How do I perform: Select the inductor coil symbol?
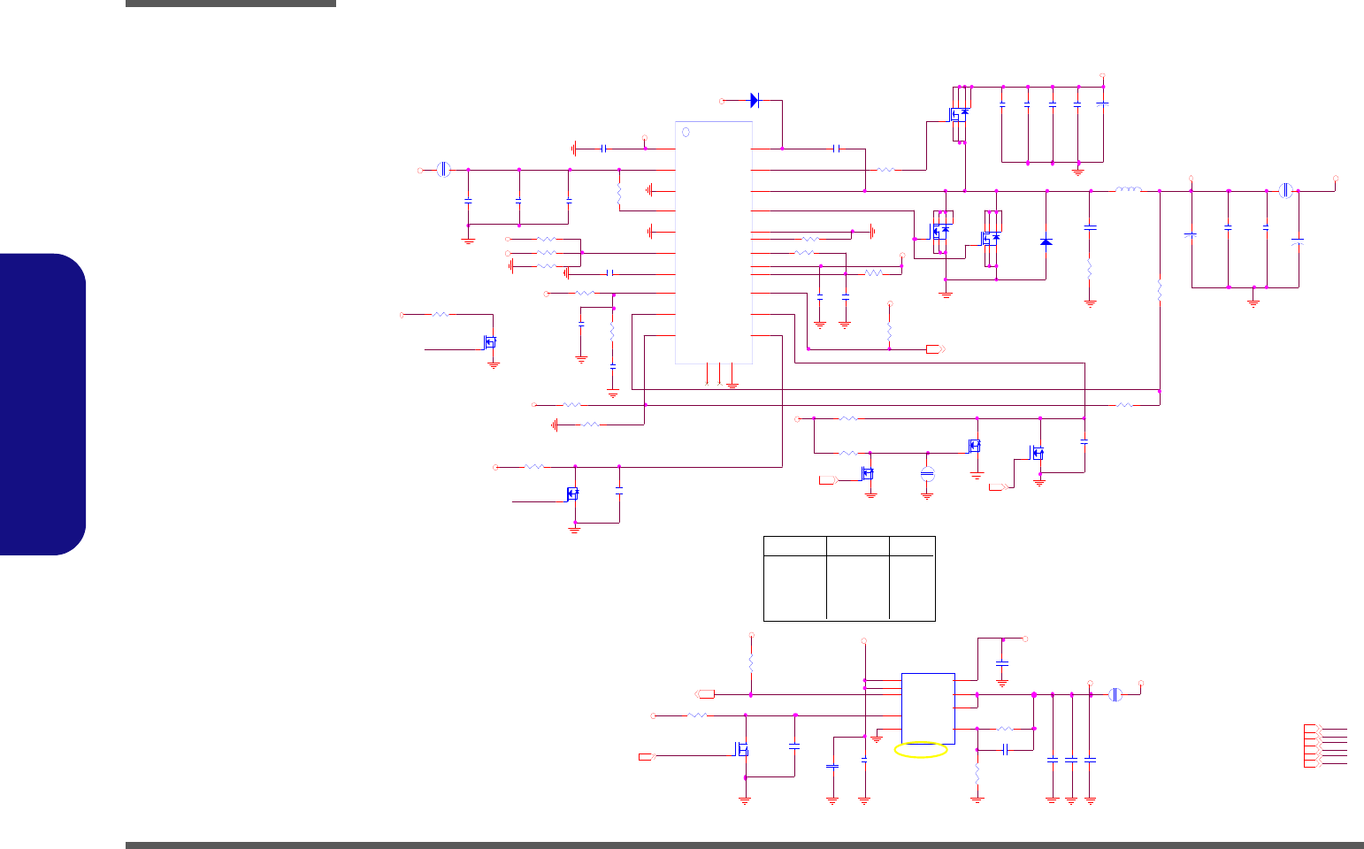[x=1127, y=189]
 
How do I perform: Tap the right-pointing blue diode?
[x=755, y=101]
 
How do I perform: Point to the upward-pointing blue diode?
[x=1046, y=241]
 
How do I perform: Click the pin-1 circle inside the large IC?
[x=686, y=133]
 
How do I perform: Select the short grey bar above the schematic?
[x=230, y=4]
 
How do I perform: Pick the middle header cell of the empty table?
[x=857, y=546]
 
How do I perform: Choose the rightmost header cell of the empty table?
[x=912, y=546]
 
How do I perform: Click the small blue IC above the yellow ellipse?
[x=928, y=708]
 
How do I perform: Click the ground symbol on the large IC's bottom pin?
[x=732, y=386]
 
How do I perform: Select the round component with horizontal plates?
[x=927, y=474]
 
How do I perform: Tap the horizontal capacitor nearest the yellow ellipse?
[x=1006, y=750]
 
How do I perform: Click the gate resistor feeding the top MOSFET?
[x=885, y=169]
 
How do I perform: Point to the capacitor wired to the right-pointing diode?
[x=837, y=149]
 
